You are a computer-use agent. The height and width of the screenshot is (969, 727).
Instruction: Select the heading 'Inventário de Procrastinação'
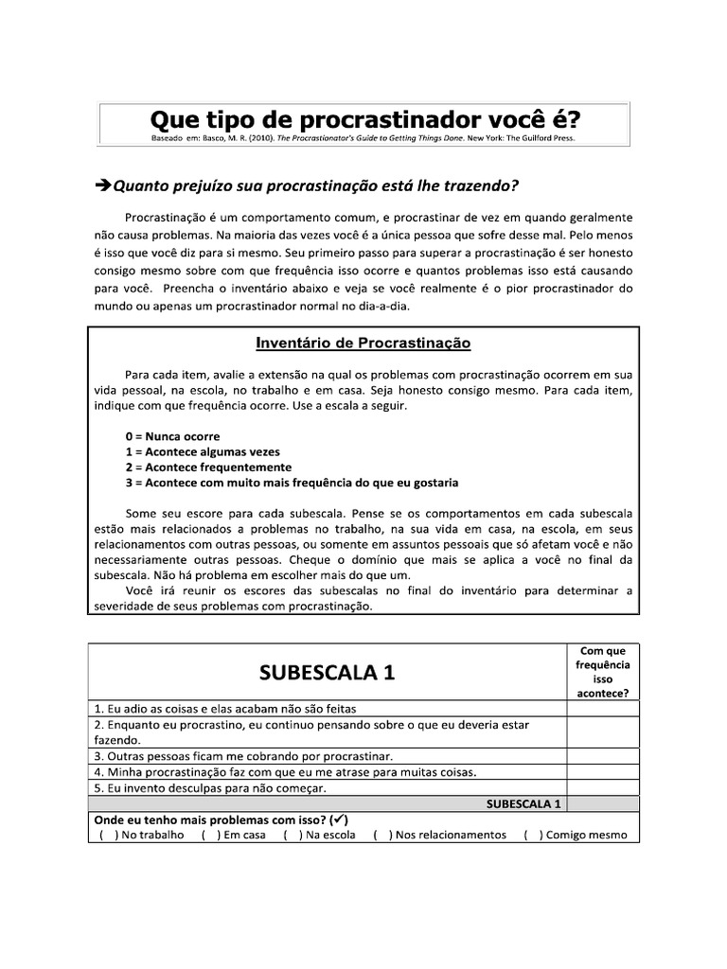coord(363,343)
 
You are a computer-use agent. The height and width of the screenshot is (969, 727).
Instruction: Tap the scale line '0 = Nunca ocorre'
coord(172,436)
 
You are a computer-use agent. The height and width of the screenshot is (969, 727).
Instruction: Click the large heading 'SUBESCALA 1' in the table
coord(326,673)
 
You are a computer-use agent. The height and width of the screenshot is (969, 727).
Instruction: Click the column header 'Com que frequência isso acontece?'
coord(602,672)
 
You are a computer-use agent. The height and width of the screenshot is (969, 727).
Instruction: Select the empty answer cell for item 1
coord(602,708)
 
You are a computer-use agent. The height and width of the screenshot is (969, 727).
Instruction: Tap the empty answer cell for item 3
coord(602,755)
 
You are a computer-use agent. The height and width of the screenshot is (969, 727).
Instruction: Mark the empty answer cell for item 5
coord(602,787)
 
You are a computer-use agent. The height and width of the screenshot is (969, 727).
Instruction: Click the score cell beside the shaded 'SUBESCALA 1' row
coord(602,803)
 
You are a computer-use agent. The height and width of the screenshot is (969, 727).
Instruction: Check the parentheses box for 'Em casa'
coord(208,835)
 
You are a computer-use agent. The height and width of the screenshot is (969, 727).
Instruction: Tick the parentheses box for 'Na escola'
coord(290,835)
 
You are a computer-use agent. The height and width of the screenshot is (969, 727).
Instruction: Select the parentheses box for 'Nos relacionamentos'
coord(380,835)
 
